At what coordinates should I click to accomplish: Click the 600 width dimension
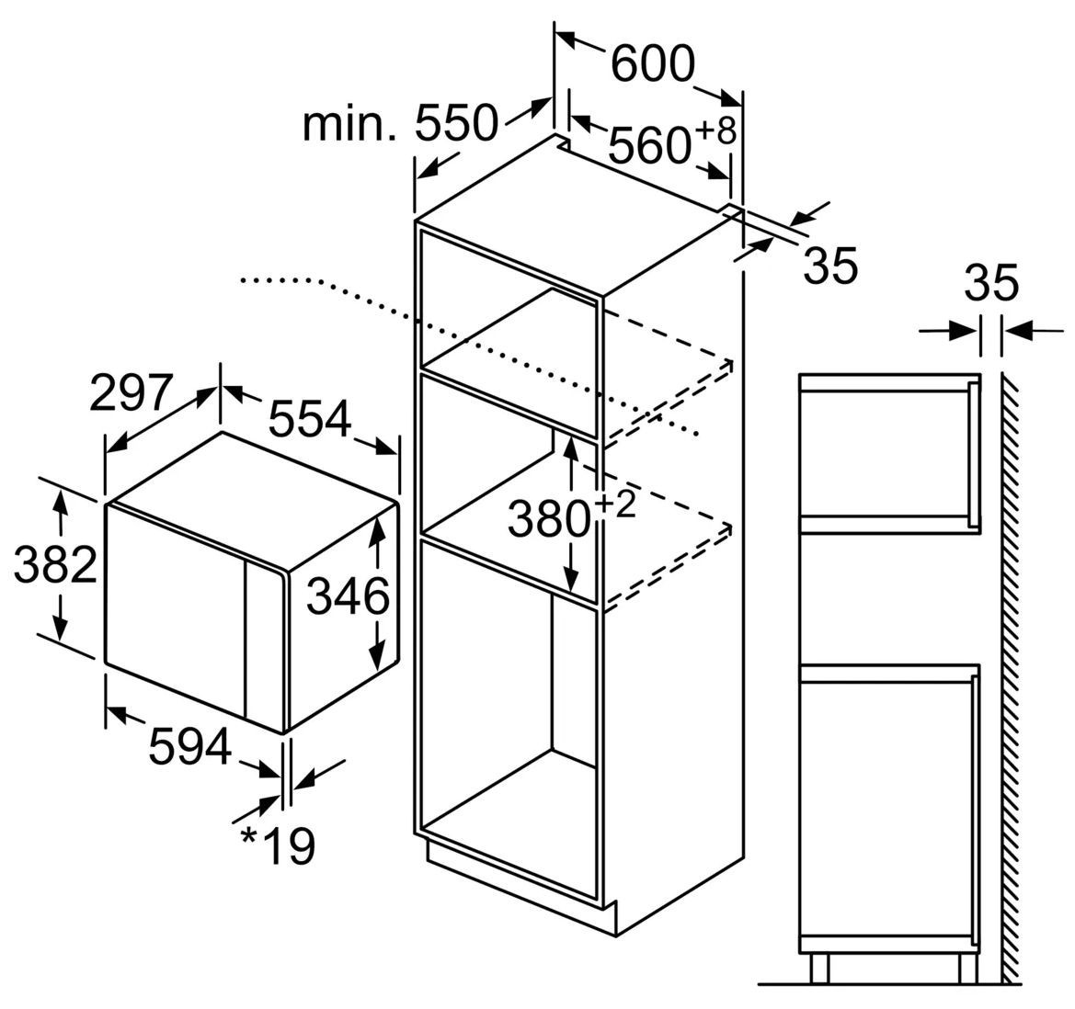click(x=653, y=63)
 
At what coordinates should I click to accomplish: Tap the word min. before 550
click(x=349, y=124)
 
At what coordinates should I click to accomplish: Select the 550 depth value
click(x=456, y=123)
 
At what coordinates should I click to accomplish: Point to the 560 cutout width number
click(x=648, y=146)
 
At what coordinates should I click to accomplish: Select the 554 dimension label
click(x=309, y=418)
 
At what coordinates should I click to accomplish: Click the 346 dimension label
click(x=348, y=596)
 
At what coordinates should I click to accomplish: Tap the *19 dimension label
click(x=278, y=846)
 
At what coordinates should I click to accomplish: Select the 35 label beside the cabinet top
click(x=830, y=266)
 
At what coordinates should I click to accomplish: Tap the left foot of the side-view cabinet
click(x=819, y=968)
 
